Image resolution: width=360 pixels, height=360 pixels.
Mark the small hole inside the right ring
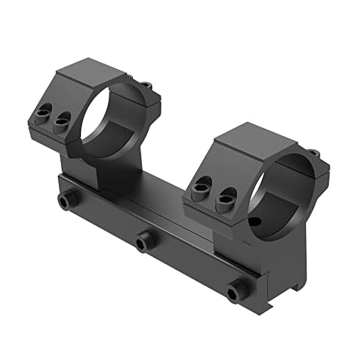point(257,222)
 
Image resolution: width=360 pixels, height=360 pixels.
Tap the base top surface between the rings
point(159,197)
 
